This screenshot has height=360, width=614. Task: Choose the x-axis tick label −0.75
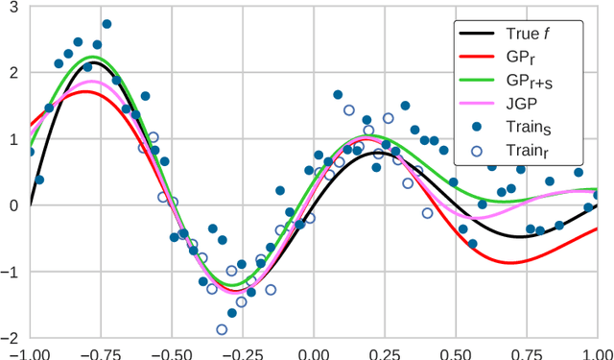tap(102, 351)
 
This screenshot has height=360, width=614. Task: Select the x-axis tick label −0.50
tap(172, 351)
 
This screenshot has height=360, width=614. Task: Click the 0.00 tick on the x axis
tap(314, 351)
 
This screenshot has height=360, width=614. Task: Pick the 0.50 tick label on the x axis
tap(456, 351)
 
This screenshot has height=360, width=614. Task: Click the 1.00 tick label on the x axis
tap(596, 351)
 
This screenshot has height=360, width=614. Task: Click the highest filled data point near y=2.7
tap(106, 24)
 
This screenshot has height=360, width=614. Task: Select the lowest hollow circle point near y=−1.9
tap(222, 329)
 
